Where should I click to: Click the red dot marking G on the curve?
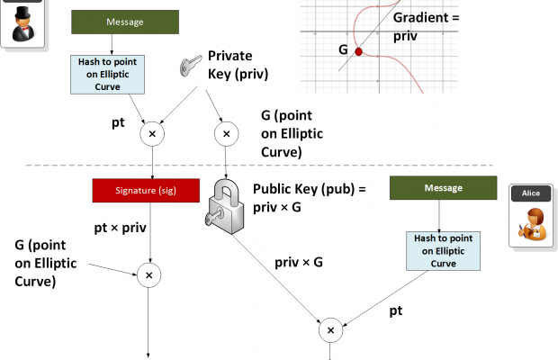click(x=358, y=51)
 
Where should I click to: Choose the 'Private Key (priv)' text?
click(x=238, y=65)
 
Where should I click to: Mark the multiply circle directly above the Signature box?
click(x=152, y=134)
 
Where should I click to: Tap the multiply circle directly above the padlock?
click(x=225, y=134)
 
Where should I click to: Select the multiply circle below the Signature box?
click(x=150, y=274)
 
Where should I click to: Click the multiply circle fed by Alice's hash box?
click(x=331, y=330)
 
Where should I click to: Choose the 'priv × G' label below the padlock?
click(x=299, y=262)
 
